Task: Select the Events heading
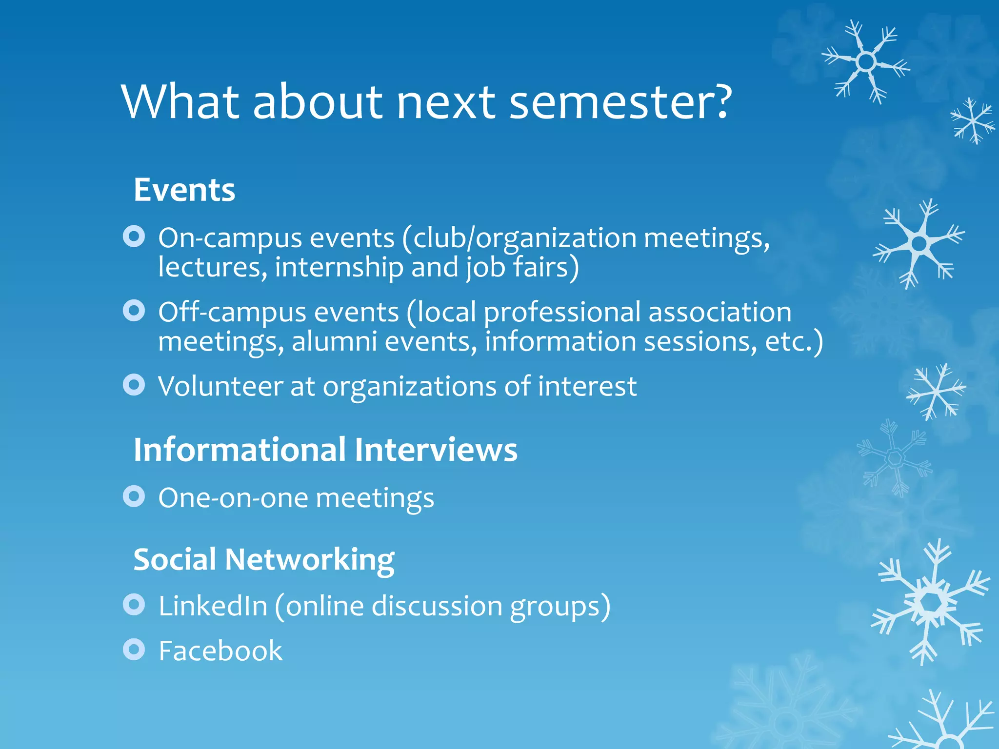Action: point(184,190)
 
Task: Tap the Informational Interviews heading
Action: point(325,449)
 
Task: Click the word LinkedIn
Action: point(213,606)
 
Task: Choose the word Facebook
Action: point(220,651)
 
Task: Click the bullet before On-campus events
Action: point(134,237)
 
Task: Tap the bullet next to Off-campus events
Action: point(134,311)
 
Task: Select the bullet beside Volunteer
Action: point(134,385)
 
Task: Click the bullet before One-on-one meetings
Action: point(134,496)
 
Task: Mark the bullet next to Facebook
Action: point(134,649)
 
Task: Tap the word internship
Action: point(339,268)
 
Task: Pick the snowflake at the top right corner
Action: point(865,62)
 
